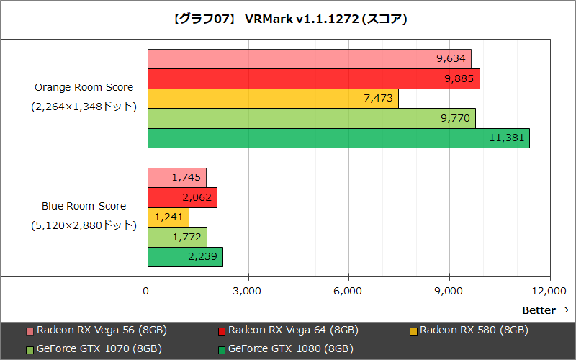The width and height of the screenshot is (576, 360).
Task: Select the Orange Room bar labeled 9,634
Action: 310,59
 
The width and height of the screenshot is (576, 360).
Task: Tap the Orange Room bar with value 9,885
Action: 314,78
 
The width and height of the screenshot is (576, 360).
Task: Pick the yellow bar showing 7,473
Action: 273,99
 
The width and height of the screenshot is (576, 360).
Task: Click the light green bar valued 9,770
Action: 312,118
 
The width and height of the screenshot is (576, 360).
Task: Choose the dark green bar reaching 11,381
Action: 338,138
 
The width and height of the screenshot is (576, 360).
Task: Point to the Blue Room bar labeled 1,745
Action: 177,177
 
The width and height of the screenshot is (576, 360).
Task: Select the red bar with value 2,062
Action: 182,197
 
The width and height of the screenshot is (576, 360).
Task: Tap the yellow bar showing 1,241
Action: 168,217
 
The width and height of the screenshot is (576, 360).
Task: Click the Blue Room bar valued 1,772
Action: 177,237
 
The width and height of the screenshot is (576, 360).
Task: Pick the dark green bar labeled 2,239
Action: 185,256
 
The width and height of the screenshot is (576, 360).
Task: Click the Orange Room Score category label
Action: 84,87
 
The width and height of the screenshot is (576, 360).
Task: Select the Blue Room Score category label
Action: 84,206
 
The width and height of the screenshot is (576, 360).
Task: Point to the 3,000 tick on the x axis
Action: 248,290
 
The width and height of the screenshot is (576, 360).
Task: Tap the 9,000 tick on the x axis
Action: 449,290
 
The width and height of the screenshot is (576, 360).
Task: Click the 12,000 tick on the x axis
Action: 549,290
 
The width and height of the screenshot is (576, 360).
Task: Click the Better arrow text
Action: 546,310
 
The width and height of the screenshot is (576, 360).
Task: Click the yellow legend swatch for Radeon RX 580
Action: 413,331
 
